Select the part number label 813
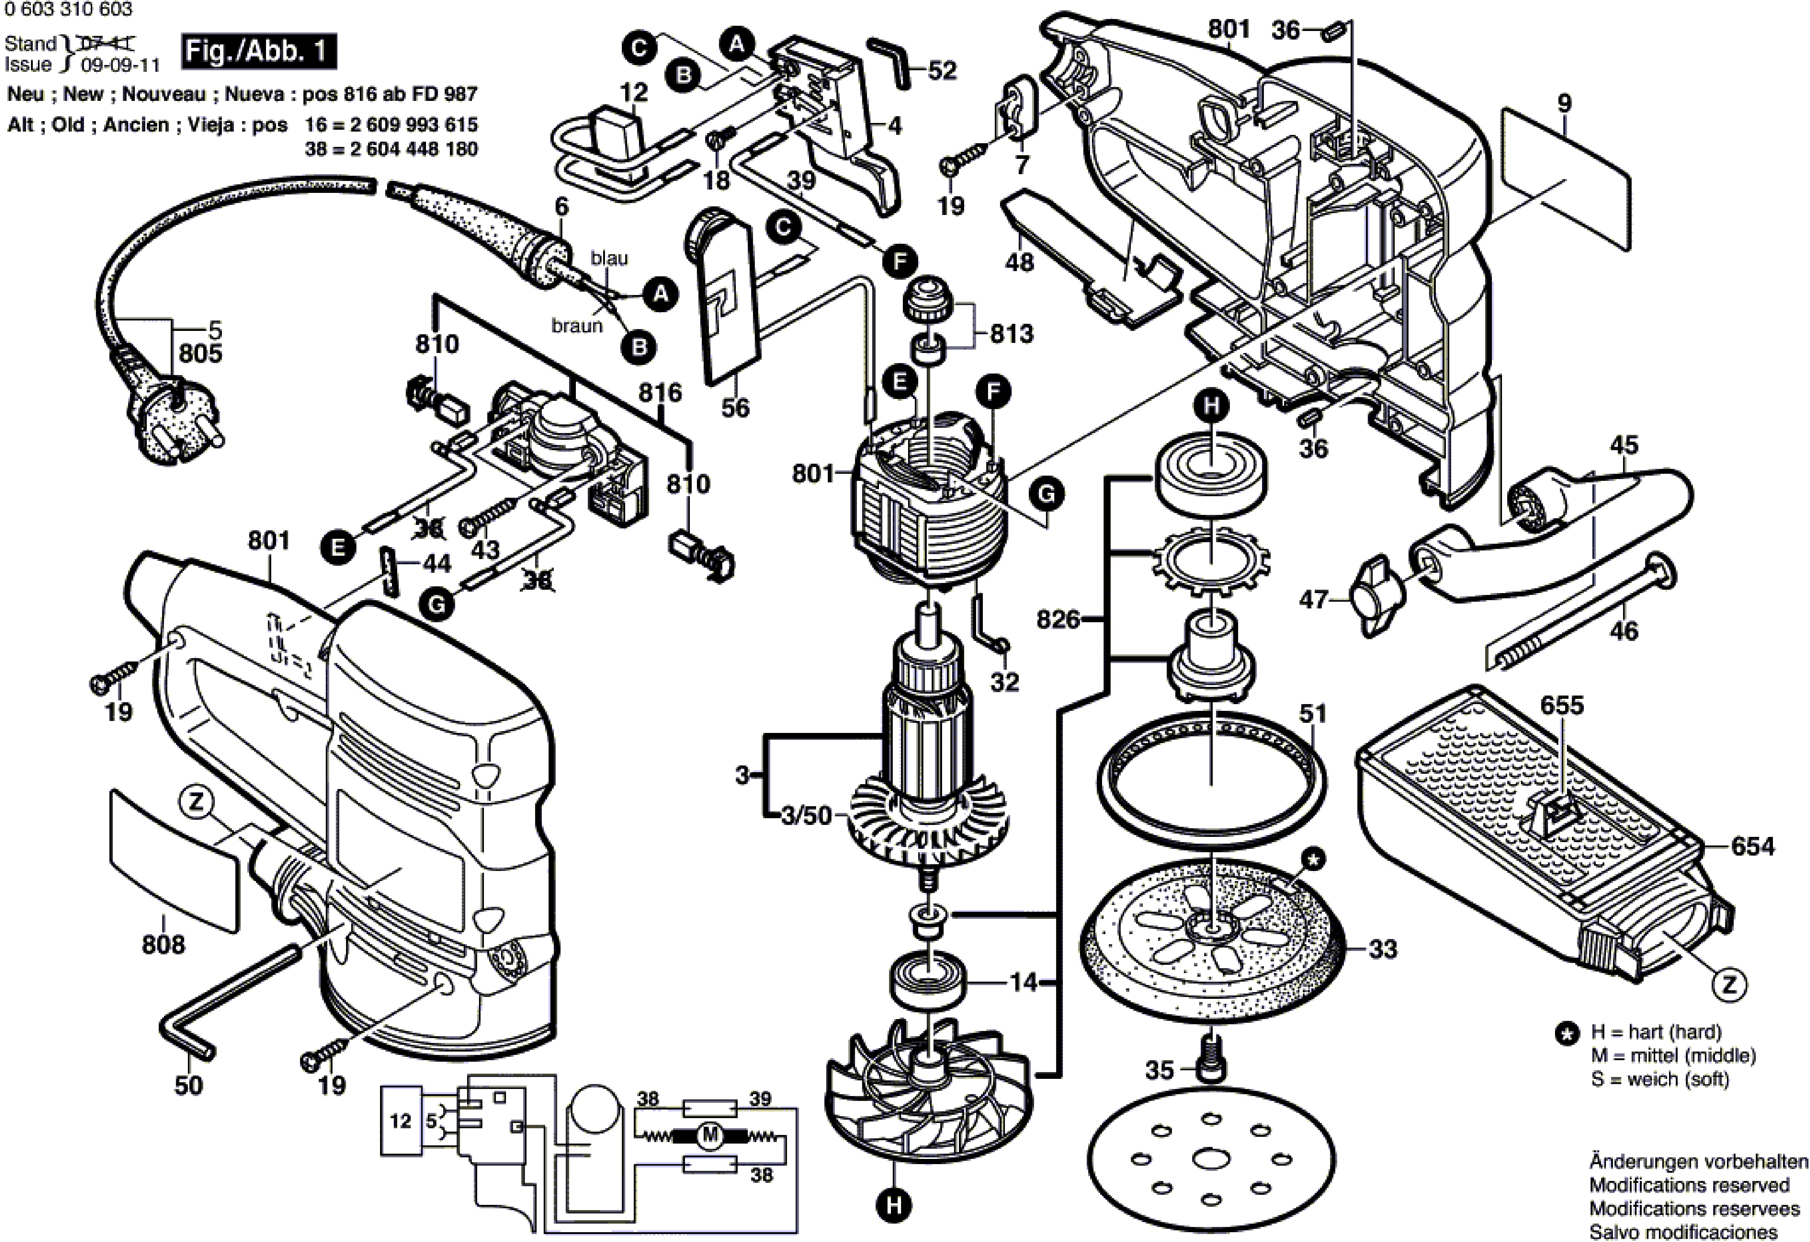click(1012, 333)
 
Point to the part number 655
click(1562, 705)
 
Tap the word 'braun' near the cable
click(577, 326)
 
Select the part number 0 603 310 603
click(69, 9)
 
